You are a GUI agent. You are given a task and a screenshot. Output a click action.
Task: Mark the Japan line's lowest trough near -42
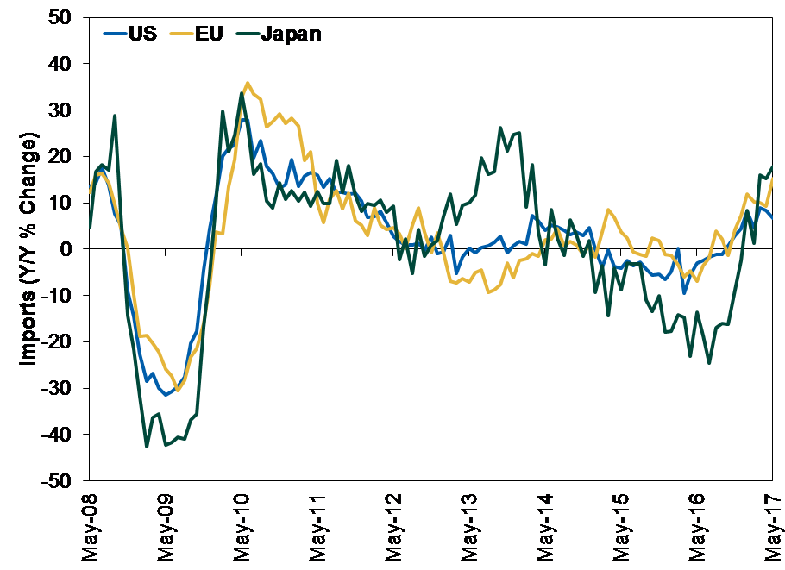tap(147, 446)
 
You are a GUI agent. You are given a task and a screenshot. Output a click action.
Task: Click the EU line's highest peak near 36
tap(248, 83)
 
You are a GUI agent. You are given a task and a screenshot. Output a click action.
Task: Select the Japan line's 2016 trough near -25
tap(709, 363)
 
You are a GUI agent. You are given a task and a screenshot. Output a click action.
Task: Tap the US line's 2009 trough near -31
tap(166, 394)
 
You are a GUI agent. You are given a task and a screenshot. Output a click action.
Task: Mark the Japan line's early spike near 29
tap(115, 116)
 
